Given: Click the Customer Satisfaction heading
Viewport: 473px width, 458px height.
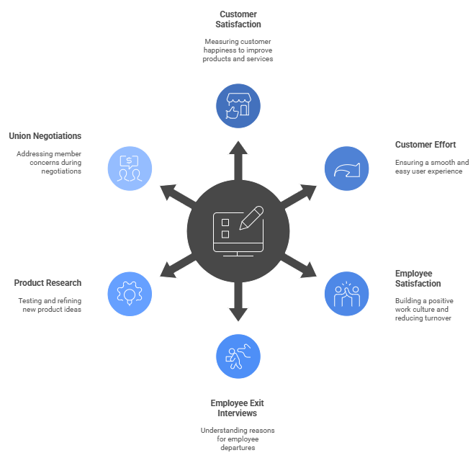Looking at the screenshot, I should tap(238, 19).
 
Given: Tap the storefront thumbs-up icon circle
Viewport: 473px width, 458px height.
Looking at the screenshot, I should tap(238, 106).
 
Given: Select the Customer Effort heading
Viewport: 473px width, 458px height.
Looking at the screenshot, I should tap(425, 145).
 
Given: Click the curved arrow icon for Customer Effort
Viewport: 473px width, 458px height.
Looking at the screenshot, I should tap(347, 169).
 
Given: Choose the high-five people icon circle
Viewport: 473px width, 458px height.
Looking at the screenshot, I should tap(347, 293).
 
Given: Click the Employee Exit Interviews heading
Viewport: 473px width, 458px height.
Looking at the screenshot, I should tap(238, 408).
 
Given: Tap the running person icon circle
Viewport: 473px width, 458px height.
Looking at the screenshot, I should tap(238, 356).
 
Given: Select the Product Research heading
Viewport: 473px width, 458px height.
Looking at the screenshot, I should tap(48, 283).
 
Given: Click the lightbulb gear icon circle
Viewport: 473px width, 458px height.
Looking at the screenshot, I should tap(130, 293).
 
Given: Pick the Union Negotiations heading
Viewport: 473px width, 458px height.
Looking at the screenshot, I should tap(45, 136).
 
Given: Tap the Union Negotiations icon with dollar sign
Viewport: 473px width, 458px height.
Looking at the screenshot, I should tap(130, 169).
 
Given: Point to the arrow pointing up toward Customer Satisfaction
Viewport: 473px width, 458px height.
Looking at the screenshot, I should tap(238, 154).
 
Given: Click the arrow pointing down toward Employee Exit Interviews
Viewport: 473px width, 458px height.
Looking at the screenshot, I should tap(238, 308).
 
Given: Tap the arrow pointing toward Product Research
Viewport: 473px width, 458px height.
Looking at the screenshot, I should tap(172, 269).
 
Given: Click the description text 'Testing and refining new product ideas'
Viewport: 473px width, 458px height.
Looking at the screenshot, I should tap(50, 305).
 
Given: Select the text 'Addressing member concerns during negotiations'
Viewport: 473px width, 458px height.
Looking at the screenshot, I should tap(49, 163).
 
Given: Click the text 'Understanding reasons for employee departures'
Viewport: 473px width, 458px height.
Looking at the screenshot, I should tap(238, 439).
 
